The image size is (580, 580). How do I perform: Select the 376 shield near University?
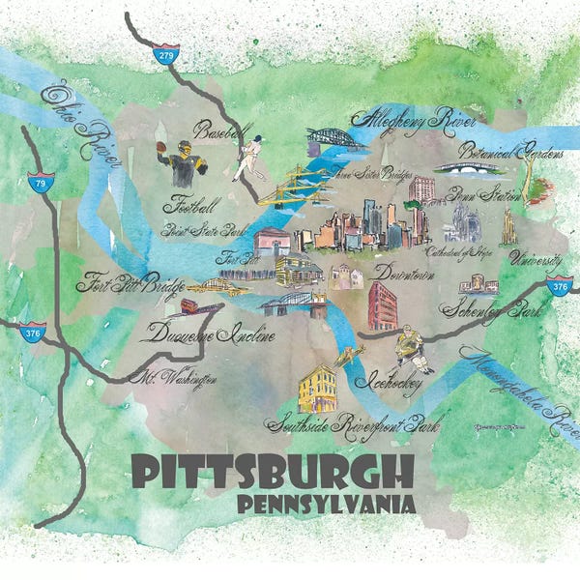(559, 285)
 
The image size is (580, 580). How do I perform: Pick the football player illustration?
(178, 161)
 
